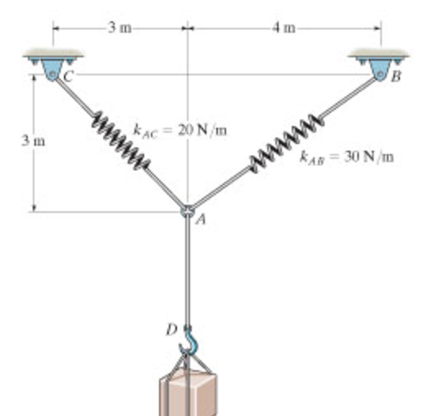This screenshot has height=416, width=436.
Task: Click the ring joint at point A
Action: [188, 213]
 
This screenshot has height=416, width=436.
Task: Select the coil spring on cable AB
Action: [284, 144]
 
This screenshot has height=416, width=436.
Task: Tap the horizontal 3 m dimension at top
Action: [120, 28]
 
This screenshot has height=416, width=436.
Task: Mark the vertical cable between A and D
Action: [188, 270]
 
